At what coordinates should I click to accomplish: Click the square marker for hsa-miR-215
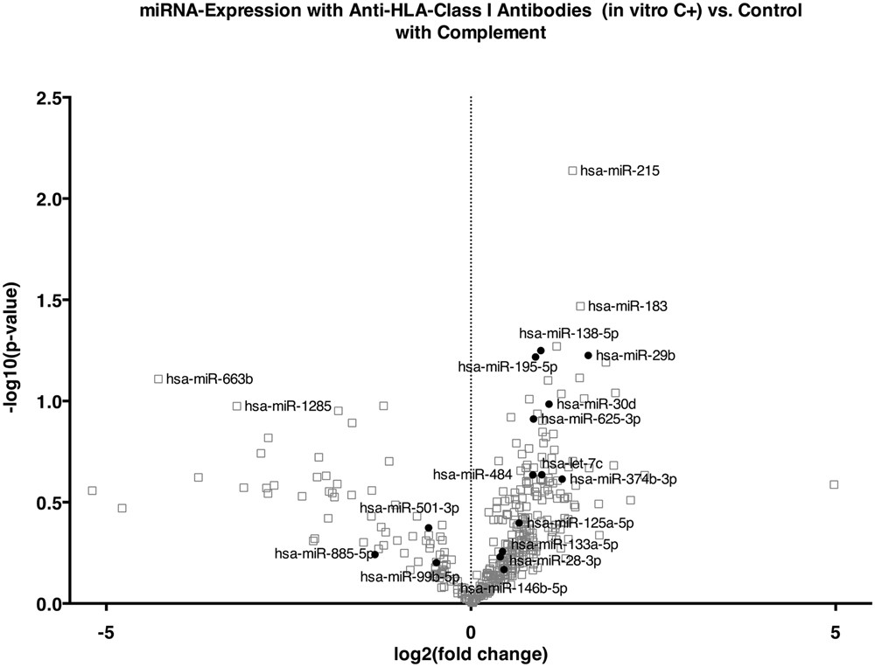(573, 170)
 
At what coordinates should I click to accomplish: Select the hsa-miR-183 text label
(627, 306)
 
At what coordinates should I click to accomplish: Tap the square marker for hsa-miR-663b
(158, 379)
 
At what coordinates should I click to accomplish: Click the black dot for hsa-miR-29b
(588, 355)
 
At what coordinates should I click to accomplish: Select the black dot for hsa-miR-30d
(549, 404)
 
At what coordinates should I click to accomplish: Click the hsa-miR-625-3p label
(591, 419)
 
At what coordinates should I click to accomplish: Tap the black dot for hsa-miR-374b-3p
(562, 478)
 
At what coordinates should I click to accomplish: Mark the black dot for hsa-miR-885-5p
(374, 554)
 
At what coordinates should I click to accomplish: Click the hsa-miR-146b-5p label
(514, 588)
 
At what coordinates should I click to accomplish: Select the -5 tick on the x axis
(107, 629)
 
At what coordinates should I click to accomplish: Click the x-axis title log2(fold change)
(471, 653)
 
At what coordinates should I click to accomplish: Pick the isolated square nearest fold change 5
(834, 483)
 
